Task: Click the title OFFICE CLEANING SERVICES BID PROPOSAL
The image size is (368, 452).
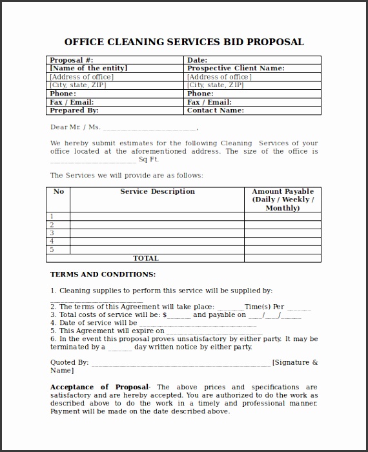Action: click(184, 42)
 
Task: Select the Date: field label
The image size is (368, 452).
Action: click(197, 60)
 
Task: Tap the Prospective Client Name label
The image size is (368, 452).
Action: click(236, 68)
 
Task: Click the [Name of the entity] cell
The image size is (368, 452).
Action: click(88, 68)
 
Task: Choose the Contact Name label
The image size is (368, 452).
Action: click(215, 110)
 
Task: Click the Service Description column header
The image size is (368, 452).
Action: click(158, 192)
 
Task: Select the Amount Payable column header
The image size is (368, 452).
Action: click(283, 200)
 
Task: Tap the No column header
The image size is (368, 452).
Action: click(59, 192)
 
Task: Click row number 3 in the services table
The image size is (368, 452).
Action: click(52, 233)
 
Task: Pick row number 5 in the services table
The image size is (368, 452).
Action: click(52, 250)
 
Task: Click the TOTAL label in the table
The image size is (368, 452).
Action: click(145, 258)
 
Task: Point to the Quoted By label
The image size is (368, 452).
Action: click(69, 363)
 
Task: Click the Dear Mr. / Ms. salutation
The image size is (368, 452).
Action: click(76, 127)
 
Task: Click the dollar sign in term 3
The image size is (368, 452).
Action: click(165, 315)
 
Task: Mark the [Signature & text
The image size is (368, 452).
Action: click(295, 363)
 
